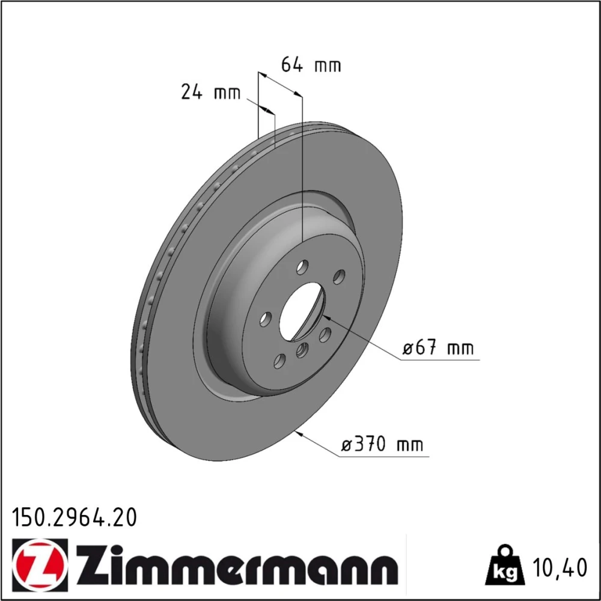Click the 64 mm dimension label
click(x=311, y=64)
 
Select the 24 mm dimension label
click(x=211, y=93)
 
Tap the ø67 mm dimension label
click(x=438, y=348)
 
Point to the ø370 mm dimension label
click(x=382, y=445)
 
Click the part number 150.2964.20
click(x=75, y=517)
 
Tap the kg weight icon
click(x=504, y=567)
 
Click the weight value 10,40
click(x=559, y=568)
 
